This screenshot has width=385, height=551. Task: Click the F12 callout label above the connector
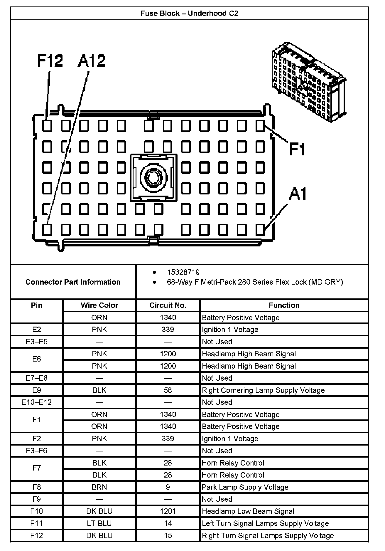point(50,61)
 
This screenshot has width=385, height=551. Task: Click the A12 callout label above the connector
point(92,61)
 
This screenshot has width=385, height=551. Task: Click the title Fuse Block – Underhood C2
point(189,14)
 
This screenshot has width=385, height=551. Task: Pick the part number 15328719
point(183,272)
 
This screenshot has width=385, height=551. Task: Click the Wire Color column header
point(99,305)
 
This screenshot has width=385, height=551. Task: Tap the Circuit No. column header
point(168,305)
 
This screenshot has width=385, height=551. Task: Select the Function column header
point(284,305)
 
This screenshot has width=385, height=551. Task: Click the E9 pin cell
point(36,390)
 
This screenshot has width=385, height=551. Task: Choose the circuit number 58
point(168,390)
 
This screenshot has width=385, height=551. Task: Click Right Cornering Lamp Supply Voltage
point(263,390)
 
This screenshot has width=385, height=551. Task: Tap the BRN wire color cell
point(99,487)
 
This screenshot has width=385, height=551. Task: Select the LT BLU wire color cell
point(99,523)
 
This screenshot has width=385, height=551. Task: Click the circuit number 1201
point(168,511)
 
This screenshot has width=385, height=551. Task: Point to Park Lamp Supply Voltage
point(245,487)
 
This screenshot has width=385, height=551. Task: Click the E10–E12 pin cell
point(36,402)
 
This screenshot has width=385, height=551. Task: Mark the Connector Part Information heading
point(73,282)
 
